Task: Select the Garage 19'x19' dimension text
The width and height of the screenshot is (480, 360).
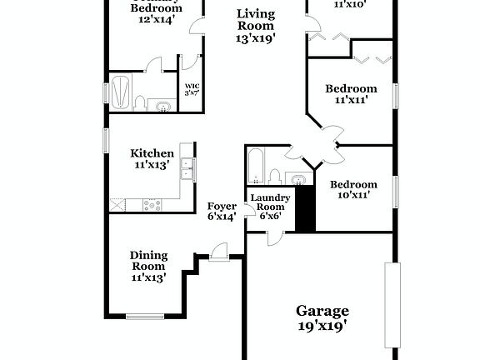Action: (x=322, y=326)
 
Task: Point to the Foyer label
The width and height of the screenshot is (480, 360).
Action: (x=221, y=206)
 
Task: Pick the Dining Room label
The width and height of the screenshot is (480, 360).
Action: (x=148, y=261)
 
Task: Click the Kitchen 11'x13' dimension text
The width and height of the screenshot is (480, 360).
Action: (x=152, y=165)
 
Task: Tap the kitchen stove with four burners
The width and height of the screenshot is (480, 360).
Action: (x=153, y=202)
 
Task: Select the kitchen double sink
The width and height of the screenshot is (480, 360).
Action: (x=189, y=167)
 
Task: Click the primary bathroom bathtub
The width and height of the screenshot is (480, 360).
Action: (x=121, y=91)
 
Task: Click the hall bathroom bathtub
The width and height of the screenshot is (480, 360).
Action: (x=254, y=166)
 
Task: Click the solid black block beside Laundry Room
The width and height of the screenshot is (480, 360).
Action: (x=306, y=209)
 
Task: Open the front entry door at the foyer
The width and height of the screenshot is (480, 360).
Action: (x=218, y=252)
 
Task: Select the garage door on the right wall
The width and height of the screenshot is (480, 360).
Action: (x=387, y=306)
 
